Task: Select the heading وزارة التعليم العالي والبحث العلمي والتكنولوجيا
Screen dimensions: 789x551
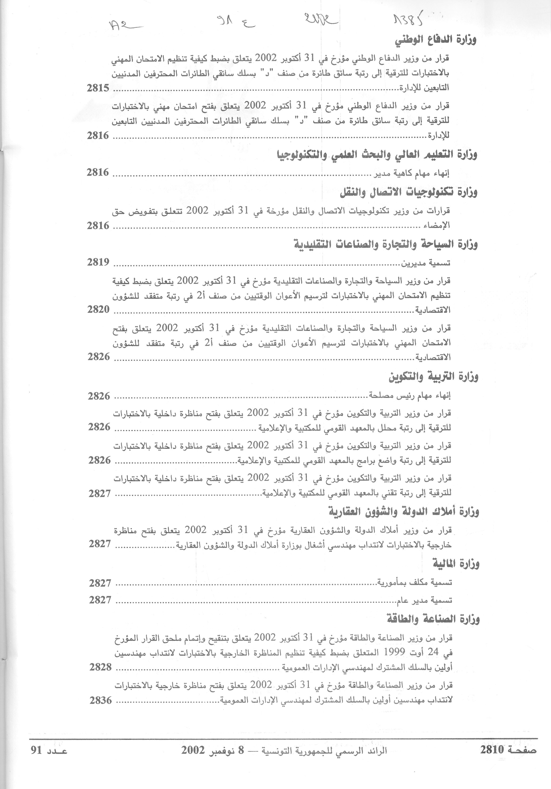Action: coord(377,155)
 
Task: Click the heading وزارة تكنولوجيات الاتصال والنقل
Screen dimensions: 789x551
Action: coord(408,193)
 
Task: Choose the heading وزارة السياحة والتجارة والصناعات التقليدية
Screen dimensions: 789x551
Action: coord(386,245)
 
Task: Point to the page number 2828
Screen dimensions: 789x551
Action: coord(100,667)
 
